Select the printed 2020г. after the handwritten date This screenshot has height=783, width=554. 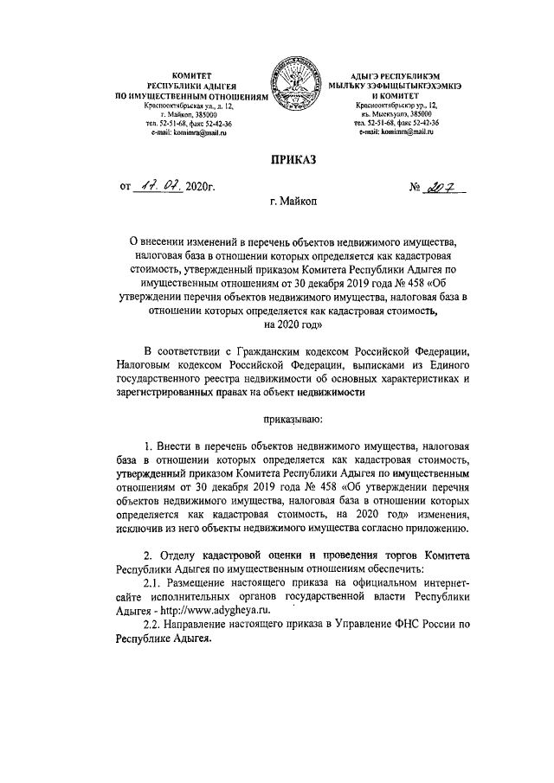(199, 186)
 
